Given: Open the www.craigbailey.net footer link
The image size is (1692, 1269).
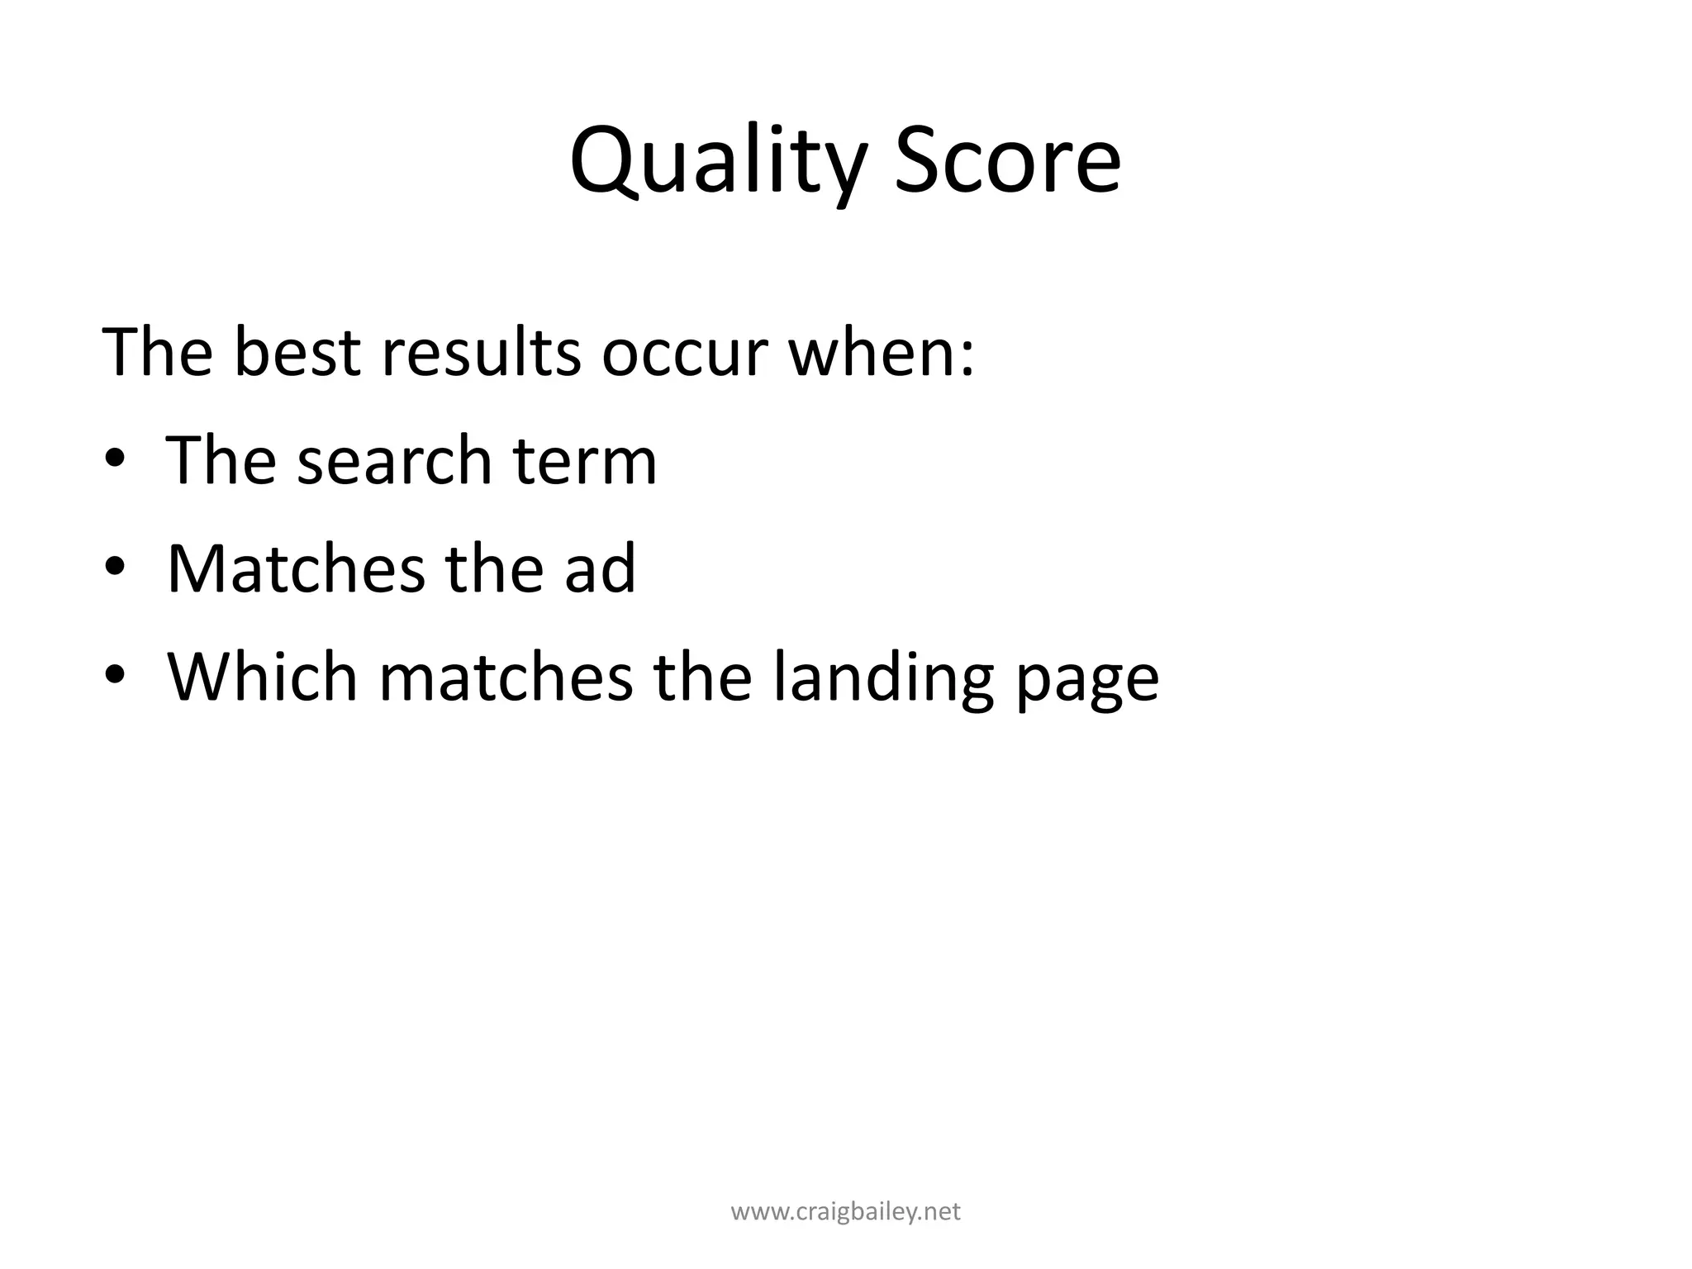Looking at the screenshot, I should pyautogui.click(x=846, y=1212).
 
